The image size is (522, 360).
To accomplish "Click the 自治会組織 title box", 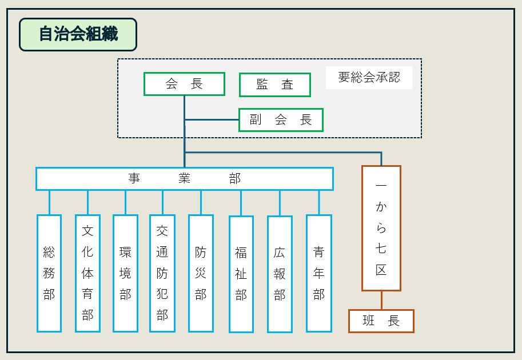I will click(x=78, y=34).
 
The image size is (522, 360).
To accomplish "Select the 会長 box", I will click(x=184, y=84).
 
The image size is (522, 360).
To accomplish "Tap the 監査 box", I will click(x=274, y=85).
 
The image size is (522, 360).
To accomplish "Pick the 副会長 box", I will click(x=281, y=120).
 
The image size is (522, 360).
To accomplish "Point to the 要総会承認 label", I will click(x=369, y=77).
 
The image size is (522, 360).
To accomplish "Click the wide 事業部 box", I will click(x=184, y=178).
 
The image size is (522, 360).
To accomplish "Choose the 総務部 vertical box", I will click(x=49, y=273).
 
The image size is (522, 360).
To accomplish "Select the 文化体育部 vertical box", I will click(x=87, y=273).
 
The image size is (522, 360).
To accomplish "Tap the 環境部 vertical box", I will click(x=125, y=273).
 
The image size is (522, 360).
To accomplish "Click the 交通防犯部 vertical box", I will click(x=162, y=273).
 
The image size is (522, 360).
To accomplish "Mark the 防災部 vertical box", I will click(x=201, y=273).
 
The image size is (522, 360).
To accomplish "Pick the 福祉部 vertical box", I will click(x=241, y=274).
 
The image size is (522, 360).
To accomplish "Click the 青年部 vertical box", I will click(x=319, y=273).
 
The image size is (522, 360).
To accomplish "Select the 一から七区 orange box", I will click(x=381, y=228).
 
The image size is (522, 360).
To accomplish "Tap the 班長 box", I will click(x=381, y=321).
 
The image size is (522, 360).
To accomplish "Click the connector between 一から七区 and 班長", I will click(x=381, y=300).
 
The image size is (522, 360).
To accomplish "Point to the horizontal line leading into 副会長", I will click(x=212, y=120).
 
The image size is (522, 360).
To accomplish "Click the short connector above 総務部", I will click(x=49, y=202).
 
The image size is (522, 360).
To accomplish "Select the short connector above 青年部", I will click(x=319, y=202).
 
